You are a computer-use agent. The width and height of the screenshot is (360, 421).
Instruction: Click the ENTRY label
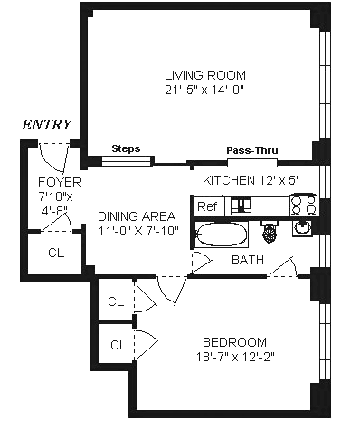pyautogui.click(x=47, y=125)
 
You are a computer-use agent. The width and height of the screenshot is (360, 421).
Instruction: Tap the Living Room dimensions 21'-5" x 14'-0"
pyautogui.click(x=204, y=90)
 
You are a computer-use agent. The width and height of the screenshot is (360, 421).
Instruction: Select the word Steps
pyautogui.click(x=126, y=148)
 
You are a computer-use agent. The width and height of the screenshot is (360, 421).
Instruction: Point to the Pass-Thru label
pyautogui.click(x=252, y=150)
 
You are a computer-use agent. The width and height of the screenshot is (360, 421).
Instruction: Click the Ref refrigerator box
pyautogui.click(x=208, y=206)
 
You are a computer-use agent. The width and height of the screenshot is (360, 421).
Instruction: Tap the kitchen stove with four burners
pyautogui.click(x=303, y=205)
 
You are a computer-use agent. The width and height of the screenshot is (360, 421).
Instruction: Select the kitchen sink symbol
pyautogui.click(x=241, y=206)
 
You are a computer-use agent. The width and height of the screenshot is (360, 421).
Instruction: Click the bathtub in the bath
pyautogui.click(x=222, y=234)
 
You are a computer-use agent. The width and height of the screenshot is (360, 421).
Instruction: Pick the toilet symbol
pyautogui.click(x=270, y=231)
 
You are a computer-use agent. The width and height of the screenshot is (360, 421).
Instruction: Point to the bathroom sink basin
pyautogui.click(x=302, y=227)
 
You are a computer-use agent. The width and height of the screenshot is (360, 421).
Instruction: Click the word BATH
pyautogui.click(x=248, y=260)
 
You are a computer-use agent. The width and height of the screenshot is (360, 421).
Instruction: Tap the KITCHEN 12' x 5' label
pyautogui.click(x=251, y=180)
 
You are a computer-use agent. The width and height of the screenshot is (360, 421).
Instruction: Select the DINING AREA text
pyautogui.click(x=137, y=216)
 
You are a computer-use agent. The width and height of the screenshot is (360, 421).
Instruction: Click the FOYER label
pyautogui.click(x=60, y=182)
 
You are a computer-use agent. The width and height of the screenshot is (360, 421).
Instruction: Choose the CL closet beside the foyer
pyautogui.click(x=56, y=253)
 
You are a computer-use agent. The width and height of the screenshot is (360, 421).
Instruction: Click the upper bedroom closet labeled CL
pyautogui.click(x=116, y=301)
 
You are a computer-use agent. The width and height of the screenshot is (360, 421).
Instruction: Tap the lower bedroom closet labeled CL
pyautogui.click(x=118, y=345)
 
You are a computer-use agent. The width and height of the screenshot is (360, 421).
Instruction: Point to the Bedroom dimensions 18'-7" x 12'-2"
pyautogui.click(x=235, y=357)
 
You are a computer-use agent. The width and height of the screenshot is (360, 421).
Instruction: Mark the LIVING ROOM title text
pyautogui.click(x=205, y=75)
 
